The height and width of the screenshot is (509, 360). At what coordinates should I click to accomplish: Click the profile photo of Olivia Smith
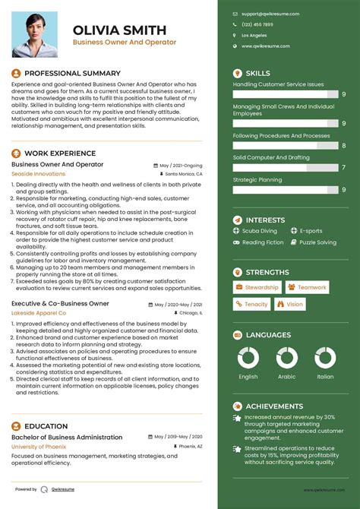[34, 35]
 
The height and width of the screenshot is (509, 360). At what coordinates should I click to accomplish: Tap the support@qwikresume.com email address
[270, 14]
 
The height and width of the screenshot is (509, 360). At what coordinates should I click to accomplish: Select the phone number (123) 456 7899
[257, 24]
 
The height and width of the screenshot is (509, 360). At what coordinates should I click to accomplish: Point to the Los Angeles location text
[254, 36]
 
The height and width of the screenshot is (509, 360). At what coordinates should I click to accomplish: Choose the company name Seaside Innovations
[39, 174]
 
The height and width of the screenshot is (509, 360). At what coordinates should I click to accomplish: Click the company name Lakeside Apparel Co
[39, 313]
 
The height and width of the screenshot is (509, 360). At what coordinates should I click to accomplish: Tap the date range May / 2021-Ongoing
[181, 165]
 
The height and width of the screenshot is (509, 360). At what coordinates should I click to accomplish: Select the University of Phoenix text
[39, 447]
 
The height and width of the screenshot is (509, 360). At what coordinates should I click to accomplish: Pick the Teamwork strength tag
[308, 288]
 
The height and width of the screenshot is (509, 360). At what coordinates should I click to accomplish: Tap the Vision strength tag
[290, 305]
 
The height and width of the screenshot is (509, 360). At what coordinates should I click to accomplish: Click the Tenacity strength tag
[251, 305]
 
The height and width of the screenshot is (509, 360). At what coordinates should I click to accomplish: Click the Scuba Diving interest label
[261, 231]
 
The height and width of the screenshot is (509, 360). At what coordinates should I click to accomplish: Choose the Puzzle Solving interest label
[317, 243]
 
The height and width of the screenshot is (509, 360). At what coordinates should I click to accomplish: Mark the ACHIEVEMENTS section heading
[274, 406]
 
